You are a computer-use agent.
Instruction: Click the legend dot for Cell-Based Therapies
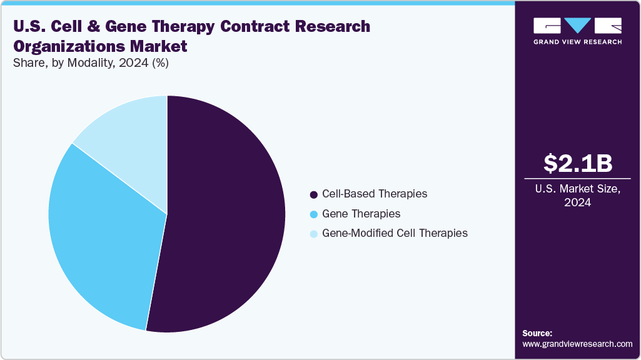(x=314, y=194)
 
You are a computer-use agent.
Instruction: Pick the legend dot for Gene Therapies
(x=314, y=214)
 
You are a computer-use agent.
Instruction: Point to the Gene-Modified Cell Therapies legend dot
(x=314, y=234)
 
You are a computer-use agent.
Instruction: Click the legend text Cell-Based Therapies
(x=375, y=194)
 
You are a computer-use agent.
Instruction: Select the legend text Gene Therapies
(x=361, y=214)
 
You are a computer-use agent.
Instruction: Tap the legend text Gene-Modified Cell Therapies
(x=395, y=233)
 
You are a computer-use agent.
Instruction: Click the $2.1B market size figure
(x=577, y=163)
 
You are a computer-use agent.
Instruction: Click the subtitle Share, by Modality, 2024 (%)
(x=89, y=62)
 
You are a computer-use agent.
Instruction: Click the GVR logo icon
(x=577, y=26)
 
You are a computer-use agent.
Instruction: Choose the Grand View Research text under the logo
(x=577, y=42)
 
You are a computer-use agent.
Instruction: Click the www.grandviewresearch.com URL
(x=577, y=344)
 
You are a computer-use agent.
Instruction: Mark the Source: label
(x=537, y=333)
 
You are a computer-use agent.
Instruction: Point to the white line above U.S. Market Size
(x=577, y=180)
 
